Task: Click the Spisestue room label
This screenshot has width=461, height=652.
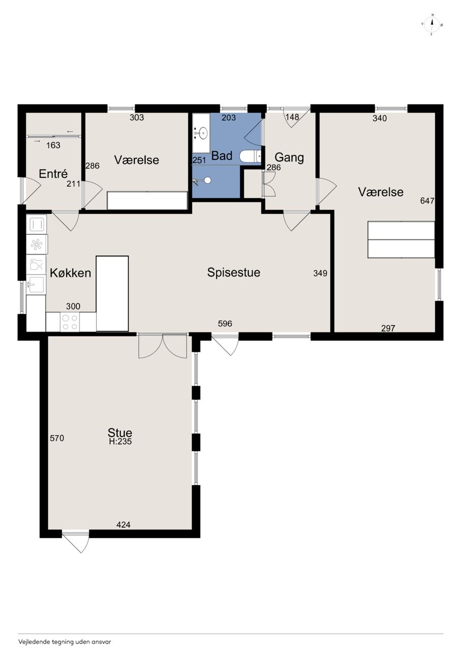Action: [x=234, y=273]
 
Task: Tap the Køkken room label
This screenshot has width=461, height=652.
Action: [x=70, y=273]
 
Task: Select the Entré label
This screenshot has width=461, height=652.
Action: [x=53, y=174]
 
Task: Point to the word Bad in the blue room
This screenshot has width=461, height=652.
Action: [x=222, y=156]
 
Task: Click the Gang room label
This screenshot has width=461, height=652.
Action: [x=289, y=157]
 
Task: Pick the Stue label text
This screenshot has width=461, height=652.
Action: [x=120, y=432]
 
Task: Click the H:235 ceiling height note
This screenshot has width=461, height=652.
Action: [x=121, y=442]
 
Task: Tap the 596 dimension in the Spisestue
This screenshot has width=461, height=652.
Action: [x=225, y=323]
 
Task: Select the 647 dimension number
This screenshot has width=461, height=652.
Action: [x=427, y=201]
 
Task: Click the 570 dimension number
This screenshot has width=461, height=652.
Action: [x=57, y=438]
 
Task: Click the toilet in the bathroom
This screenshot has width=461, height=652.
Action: [x=250, y=156]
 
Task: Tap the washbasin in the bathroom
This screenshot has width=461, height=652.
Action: [x=201, y=133]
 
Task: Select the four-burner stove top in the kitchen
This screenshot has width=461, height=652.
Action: [x=70, y=322]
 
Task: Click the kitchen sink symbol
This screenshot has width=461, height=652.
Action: [x=36, y=284]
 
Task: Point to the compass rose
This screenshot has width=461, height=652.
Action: [x=432, y=25]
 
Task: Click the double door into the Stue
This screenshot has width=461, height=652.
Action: [x=162, y=346]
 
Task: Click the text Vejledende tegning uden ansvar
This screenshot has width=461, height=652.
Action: [x=65, y=642]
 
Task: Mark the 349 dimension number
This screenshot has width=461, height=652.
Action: [x=320, y=273]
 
